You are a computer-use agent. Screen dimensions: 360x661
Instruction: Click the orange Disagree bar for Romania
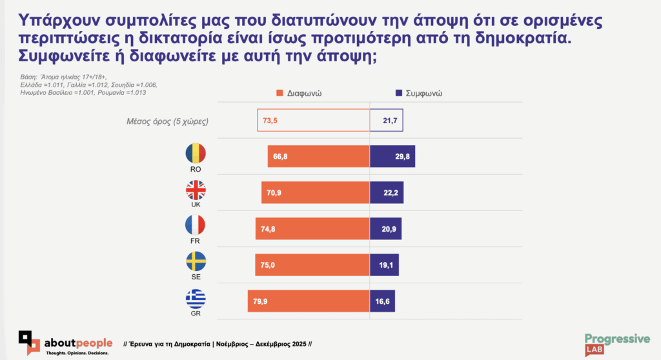[318, 157]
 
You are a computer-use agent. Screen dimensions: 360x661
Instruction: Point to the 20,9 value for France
[385, 229]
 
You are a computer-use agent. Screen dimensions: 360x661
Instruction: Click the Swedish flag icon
[196, 261]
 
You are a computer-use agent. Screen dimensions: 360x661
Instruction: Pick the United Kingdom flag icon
[196, 190]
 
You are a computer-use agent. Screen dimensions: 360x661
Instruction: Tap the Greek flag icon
[196, 299]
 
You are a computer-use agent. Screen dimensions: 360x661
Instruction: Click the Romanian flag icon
[196, 153]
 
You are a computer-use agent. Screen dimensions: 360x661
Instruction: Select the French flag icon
[196, 225]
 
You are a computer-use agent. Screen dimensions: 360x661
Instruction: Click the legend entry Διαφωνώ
[299, 93]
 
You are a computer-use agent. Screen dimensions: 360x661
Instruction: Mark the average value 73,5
[271, 120]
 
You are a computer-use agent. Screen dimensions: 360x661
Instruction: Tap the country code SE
[196, 277]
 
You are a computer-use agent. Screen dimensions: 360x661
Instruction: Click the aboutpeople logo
[65, 343]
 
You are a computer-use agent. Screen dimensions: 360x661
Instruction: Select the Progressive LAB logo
[617, 344]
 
